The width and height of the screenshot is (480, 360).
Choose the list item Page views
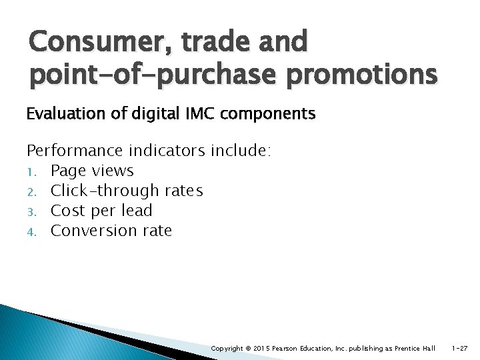point(92,171)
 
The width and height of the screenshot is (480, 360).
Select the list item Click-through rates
point(127,191)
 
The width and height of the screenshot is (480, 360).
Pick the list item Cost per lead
point(101,211)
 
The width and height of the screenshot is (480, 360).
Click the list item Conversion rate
point(111,231)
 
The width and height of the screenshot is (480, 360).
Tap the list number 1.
point(31,172)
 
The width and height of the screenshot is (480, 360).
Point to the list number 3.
point(31,212)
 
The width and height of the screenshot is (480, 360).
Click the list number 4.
point(31,232)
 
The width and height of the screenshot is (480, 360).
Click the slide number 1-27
point(461,348)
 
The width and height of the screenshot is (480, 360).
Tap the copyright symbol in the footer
point(247,348)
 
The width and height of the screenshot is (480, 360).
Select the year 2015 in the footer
point(261,348)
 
